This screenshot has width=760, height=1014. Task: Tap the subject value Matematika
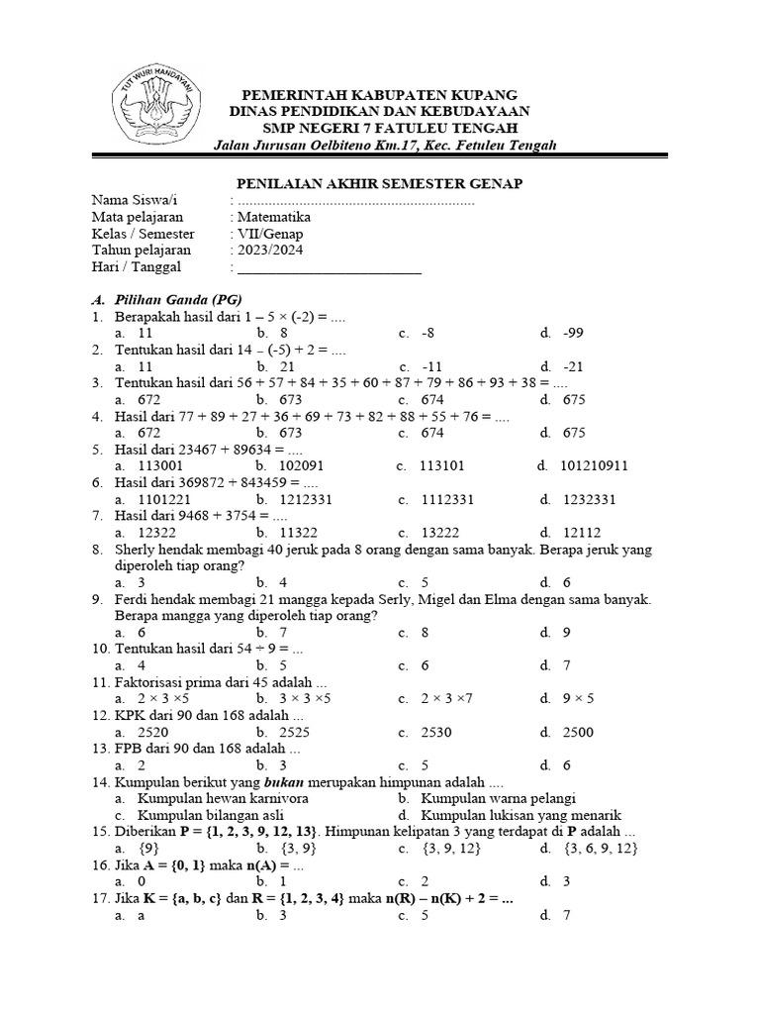[x=273, y=217]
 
